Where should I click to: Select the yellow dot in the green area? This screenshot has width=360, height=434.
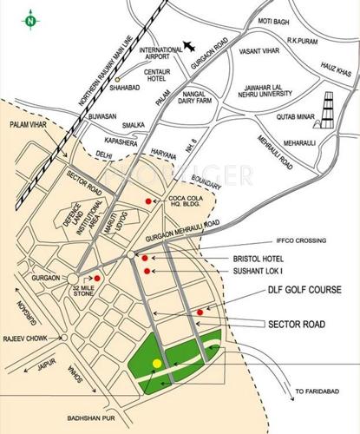(156, 362)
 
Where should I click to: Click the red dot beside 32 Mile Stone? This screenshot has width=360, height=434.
(97, 278)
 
